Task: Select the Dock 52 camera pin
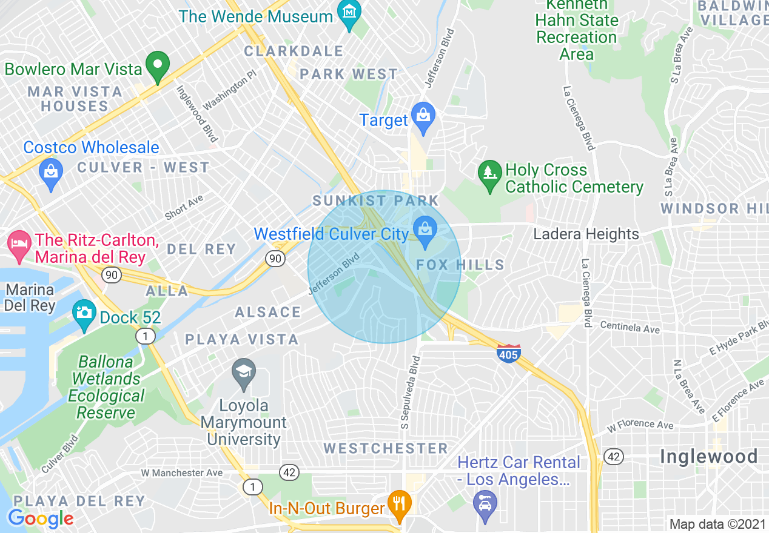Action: click(84, 314)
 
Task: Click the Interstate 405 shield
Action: click(508, 353)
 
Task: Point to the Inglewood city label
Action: click(708, 456)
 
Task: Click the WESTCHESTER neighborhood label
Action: click(385, 448)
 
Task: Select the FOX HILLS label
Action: click(460, 265)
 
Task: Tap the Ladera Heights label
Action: click(586, 234)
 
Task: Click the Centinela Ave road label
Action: click(630, 326)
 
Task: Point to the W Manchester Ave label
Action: click(182, 472)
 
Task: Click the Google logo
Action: click(41, 518)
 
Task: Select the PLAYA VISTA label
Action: click(242, 339)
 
